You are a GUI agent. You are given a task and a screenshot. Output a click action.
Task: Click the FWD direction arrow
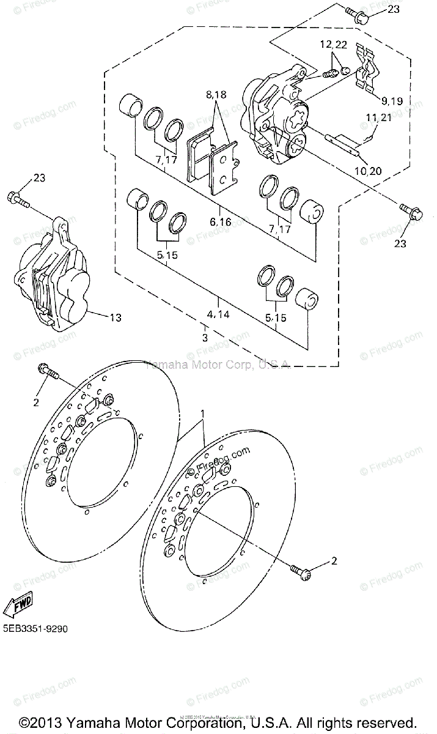18,604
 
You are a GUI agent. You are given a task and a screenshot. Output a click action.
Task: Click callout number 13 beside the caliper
115,317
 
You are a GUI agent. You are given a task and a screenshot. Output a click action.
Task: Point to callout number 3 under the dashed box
205,337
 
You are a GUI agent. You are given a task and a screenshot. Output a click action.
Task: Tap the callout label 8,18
216,95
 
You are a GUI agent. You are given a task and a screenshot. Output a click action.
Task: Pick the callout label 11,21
379,117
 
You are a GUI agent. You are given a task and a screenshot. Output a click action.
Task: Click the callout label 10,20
367,171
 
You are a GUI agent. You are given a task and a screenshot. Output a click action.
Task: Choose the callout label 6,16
220,222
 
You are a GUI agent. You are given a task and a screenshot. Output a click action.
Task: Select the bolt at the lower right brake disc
303,572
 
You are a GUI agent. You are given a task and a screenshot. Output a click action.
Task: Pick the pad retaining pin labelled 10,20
345,143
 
